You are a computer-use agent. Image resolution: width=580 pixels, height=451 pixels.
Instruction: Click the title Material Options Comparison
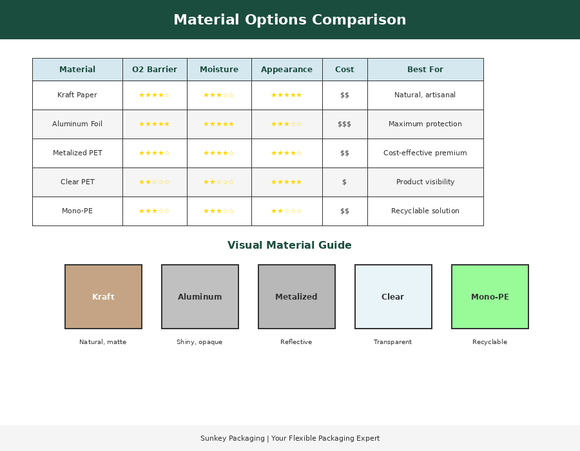[289, 20]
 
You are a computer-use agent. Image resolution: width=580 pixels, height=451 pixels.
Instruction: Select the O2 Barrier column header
[155, 70]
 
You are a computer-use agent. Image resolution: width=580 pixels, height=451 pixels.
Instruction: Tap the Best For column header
[425, 70]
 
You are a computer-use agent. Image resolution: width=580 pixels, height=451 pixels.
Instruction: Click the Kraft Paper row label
[77, 95]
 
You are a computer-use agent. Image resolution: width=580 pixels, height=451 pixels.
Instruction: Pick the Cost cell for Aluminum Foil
[345, 124]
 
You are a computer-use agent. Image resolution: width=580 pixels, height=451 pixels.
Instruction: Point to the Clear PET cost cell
[345, 182]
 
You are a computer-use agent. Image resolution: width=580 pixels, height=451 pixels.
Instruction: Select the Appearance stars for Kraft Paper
[287, 95]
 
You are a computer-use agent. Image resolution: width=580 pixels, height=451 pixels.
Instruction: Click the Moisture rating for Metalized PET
[219, 153]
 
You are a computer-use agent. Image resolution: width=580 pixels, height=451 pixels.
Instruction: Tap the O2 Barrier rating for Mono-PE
[155, 211]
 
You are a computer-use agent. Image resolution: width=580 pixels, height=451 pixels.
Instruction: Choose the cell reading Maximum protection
[425, 124]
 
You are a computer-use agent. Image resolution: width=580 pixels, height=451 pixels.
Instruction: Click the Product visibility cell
[425, 182]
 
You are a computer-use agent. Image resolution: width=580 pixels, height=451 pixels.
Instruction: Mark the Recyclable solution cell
[425, 211]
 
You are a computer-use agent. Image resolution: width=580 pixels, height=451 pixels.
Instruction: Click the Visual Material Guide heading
[289, 245]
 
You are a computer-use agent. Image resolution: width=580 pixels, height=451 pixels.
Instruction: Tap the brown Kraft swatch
[103, 296]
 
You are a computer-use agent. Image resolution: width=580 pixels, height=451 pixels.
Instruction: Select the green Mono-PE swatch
[490, 296]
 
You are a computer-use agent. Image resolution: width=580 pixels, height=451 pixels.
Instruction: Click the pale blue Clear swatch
[393, 296]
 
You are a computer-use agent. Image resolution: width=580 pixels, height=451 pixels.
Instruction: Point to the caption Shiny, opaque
[200, 342]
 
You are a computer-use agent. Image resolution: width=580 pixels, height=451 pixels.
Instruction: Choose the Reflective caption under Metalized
[296, 342]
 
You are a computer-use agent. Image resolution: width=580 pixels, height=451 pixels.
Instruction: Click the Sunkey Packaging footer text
[290, 439]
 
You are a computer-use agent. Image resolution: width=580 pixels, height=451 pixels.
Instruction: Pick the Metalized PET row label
[77, 153]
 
